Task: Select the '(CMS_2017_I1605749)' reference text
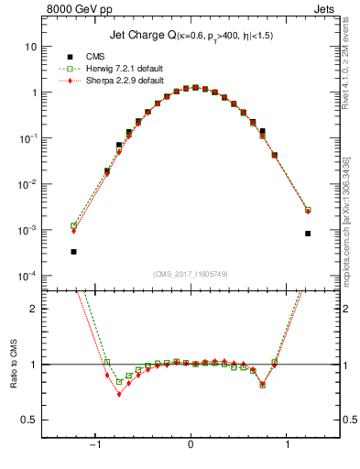point(190,273)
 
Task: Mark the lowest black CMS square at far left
point(73,251)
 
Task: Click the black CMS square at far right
point(308,234)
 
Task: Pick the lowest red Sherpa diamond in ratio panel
point(119,395)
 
